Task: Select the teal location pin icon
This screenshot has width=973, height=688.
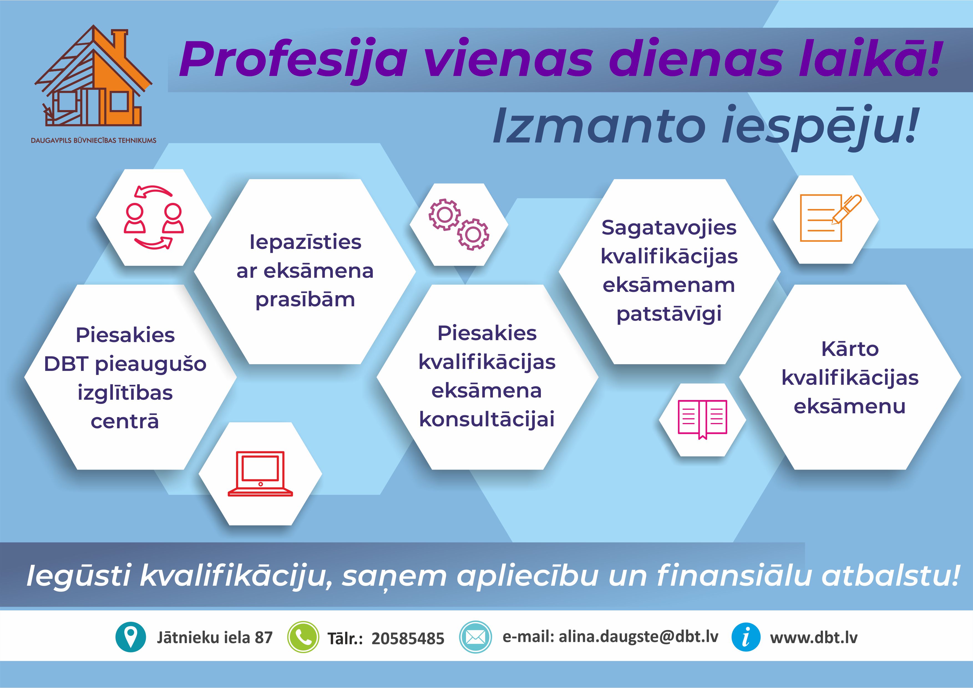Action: click(131, 637)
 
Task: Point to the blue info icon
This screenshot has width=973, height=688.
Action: click(746, 637)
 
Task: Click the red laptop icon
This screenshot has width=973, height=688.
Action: click(260, 474)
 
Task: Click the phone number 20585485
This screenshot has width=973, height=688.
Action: click(408, 638)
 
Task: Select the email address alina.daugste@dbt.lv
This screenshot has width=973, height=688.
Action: click(639, 637)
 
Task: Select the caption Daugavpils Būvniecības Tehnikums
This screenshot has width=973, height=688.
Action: click(94, 140)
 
